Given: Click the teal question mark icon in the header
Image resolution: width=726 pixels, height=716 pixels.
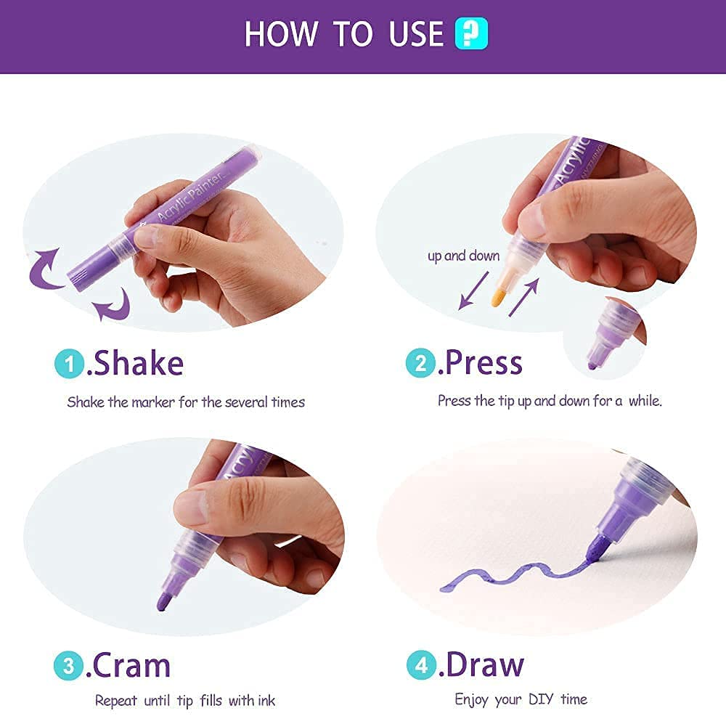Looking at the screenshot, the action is (471, 33).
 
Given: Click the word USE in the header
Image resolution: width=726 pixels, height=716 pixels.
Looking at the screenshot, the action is (416, 34).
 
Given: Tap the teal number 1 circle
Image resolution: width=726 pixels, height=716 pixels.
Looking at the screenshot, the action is (70, 364).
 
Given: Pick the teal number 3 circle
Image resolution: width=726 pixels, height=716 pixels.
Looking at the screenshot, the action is (68, 666).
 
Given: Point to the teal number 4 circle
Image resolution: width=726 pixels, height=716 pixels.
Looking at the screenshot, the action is (422, 664).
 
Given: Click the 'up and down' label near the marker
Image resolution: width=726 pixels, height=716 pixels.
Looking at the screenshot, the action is (463, 256).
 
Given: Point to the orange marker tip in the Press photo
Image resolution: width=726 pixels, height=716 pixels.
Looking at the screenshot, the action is (497, 297).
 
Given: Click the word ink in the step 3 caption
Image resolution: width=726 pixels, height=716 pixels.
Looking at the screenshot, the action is (266, 700).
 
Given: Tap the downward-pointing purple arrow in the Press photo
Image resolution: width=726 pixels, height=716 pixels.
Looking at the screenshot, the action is (473, 290).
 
